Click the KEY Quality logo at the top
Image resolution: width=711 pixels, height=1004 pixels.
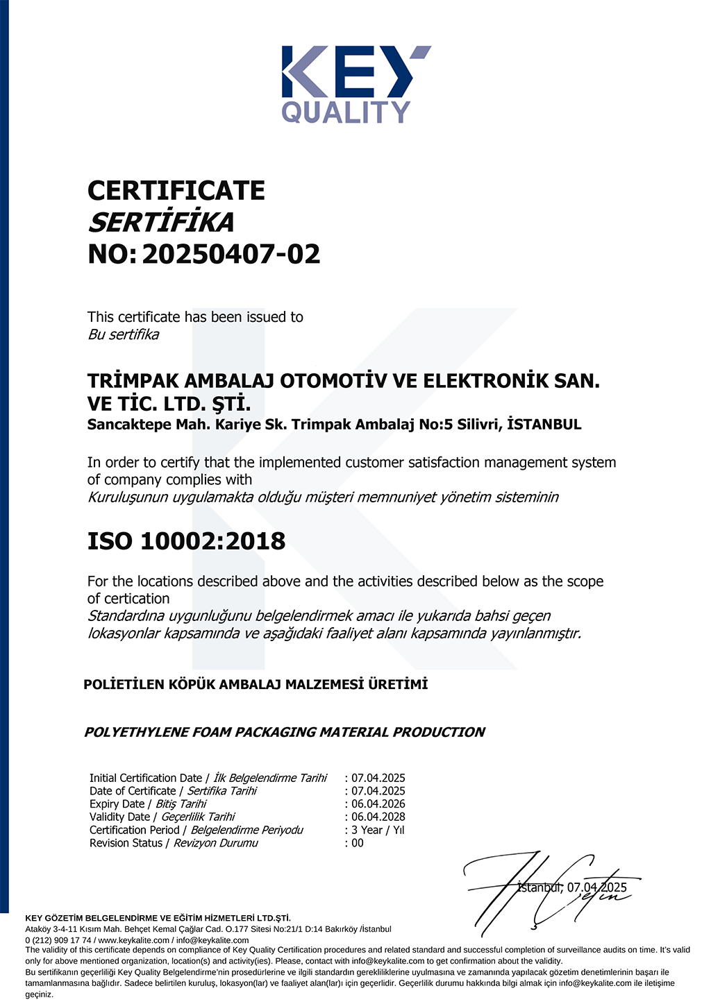[355, 84]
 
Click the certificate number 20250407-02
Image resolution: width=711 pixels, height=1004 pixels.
[231, 255]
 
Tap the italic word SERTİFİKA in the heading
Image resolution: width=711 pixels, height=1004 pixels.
[161, 223]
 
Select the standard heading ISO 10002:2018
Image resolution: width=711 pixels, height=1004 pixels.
[186, 541]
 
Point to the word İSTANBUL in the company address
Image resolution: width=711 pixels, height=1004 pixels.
[544, 425]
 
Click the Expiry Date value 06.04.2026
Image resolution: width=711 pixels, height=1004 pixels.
[378, 804]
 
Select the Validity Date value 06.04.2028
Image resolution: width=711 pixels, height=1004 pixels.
[378, 817]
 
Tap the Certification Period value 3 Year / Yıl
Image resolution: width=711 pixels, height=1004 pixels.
[378, 831]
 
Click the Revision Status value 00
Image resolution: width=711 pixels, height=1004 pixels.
[358, 844]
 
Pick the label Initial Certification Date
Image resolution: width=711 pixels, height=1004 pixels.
[145, 778]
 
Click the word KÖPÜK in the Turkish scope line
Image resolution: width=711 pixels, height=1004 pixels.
[193, 685]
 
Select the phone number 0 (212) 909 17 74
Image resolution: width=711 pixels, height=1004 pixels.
[58, 940]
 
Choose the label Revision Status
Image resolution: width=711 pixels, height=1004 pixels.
[126, 844]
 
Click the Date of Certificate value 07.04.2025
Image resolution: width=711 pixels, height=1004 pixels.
[378, 791]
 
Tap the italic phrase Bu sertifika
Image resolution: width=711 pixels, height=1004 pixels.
[123, 334]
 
